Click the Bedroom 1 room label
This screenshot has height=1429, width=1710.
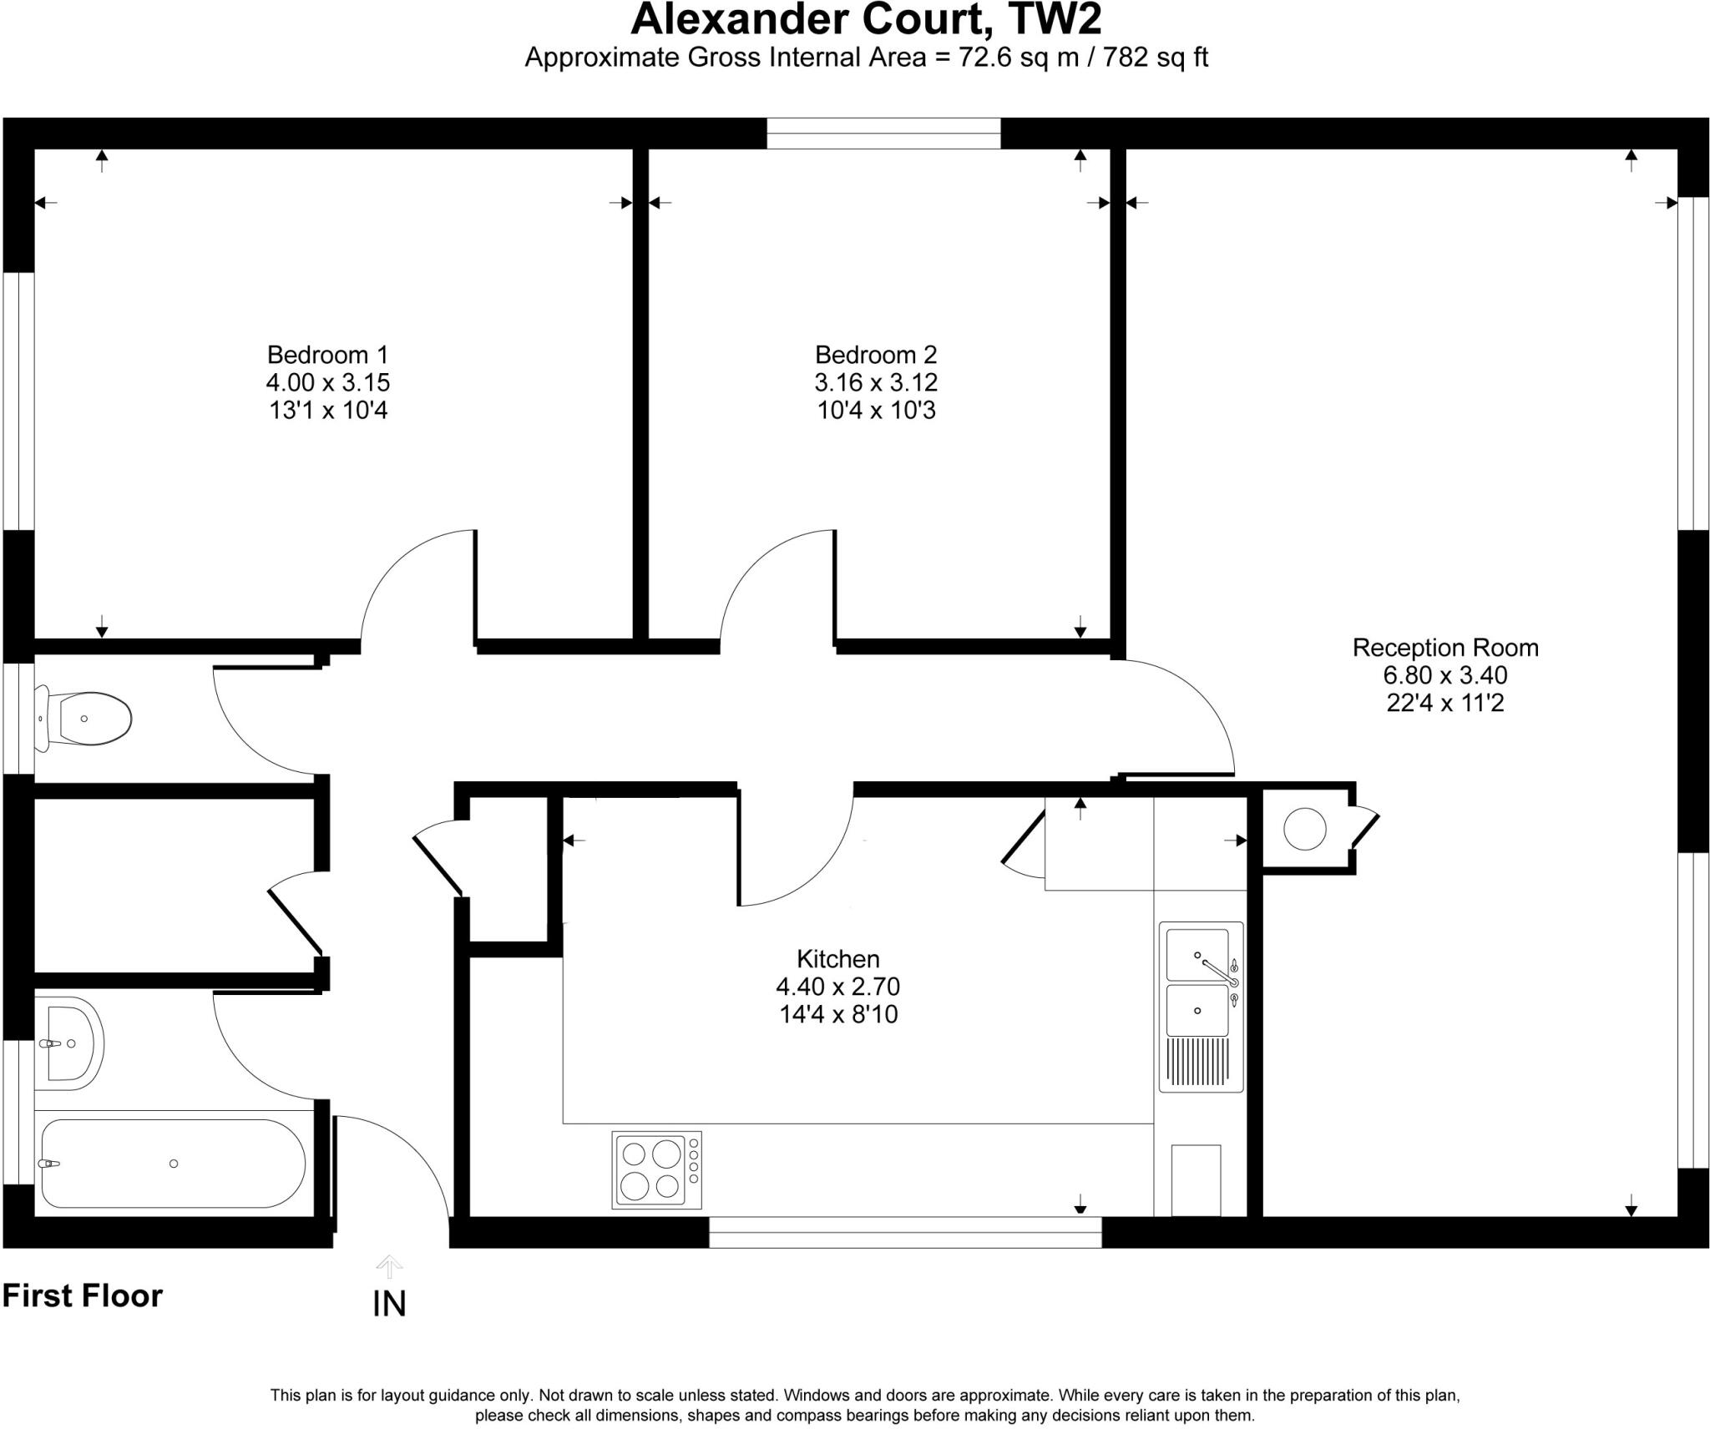327,355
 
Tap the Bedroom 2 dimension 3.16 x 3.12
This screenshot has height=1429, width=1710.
876,382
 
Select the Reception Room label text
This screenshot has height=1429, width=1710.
1444,648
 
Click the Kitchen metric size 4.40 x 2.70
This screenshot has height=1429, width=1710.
837,987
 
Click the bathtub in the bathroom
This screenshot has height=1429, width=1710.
173,1164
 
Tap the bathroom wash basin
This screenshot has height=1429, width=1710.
71,1043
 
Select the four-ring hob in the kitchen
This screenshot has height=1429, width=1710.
656,1169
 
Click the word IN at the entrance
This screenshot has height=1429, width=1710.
389,1304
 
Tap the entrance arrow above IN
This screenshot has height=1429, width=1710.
389,1267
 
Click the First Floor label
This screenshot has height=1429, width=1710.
82,1295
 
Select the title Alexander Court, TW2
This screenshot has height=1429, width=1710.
865,20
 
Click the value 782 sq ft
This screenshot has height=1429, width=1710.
1156,58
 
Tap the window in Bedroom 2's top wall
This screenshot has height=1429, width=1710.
883,134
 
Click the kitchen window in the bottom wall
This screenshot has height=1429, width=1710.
905,1232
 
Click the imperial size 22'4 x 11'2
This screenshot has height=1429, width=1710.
1444,703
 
